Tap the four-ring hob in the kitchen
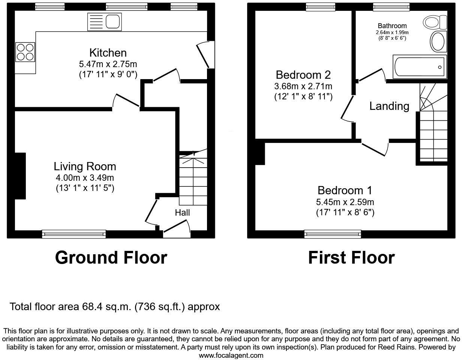25,52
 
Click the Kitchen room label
108,52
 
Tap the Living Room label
85,166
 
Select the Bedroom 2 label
303,75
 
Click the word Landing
389,106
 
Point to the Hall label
182,213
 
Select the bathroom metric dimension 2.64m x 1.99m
392,33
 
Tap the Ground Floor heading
111,258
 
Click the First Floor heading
351,258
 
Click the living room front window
74,234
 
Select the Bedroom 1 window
333,234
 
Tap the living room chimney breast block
20,175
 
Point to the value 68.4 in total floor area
92,307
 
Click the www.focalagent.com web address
231,355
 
